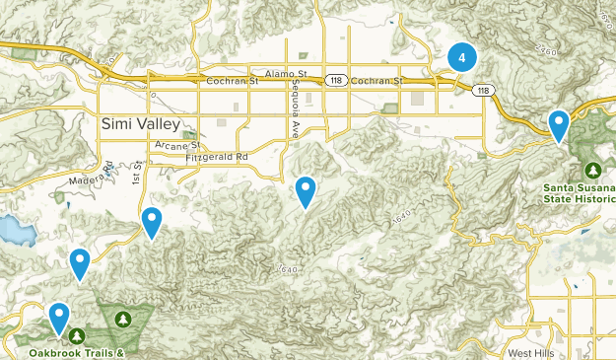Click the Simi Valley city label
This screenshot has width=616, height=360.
[141, 123]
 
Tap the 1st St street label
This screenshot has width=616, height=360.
[137, 173]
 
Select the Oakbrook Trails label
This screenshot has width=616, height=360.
[63, 352]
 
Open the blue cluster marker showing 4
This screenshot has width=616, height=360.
[461, 57]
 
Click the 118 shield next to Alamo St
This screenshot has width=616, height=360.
[337, 81]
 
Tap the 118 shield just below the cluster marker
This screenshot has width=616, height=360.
[483, 91]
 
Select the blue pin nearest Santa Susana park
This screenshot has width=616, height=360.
[559, 125]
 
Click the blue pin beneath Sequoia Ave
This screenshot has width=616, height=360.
[307, 190]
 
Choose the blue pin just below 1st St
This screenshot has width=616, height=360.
[152, 222]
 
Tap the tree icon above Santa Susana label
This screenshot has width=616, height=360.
[593, 169]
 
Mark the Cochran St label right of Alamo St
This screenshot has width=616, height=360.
[376, 81]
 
